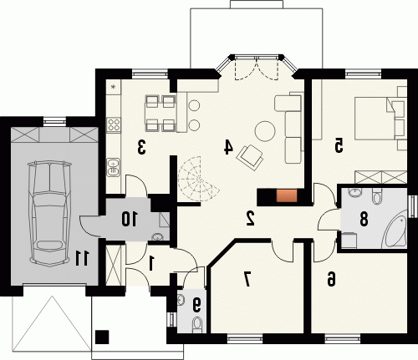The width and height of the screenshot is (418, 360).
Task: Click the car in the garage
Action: (49, 213)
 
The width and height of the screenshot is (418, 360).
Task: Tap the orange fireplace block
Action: (287, 195)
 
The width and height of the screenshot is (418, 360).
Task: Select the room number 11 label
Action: (82, 258)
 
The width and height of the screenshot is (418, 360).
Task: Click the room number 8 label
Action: (364, 219)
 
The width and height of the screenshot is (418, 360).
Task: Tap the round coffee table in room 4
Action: (265, 131)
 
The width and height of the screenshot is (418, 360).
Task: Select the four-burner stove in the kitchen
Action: (114, 124)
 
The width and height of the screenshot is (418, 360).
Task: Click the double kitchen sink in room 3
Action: (114, 167)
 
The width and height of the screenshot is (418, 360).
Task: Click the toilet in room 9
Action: (197, 324)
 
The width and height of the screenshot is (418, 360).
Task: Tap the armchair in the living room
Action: (250, 157)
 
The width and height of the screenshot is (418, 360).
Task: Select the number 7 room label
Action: (247, 279)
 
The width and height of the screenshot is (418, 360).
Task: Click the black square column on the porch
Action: (102, 337)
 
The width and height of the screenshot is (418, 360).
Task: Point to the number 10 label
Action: (130, 219)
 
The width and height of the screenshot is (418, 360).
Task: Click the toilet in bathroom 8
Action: (377, 196)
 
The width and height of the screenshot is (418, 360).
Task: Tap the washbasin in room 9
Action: (181, 300)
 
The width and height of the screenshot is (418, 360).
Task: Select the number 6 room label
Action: (331, 279)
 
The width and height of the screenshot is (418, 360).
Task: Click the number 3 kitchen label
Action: (141, 147)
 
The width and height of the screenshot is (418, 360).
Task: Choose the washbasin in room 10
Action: (157, 237)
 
